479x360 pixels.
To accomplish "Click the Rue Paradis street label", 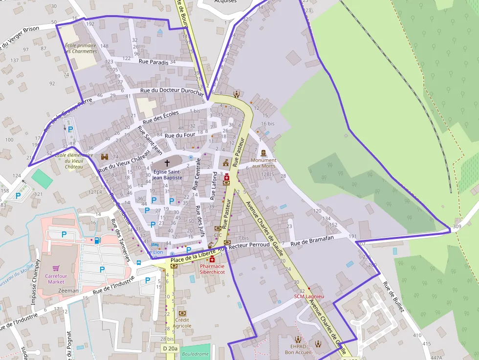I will pos(153,62).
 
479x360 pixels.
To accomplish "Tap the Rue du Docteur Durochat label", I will pos(172,91).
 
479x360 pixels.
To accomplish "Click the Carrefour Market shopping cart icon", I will pos(56,269).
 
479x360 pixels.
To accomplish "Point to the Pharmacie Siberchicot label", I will pos(212,269).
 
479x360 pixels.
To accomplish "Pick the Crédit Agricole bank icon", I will pos(182,313).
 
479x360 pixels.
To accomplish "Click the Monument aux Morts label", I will pos(263,163).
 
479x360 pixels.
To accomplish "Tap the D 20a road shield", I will pos(170,348).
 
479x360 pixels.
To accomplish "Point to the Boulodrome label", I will pos(195,354).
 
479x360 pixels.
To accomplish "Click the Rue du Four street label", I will pos(180,135).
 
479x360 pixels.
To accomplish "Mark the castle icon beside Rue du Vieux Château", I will pos(104,157).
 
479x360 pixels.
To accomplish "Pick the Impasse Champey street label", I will pos(34,288).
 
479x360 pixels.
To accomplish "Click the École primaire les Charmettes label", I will pos(81,48).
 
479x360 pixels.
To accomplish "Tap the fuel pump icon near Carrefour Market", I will pos(97,240).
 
